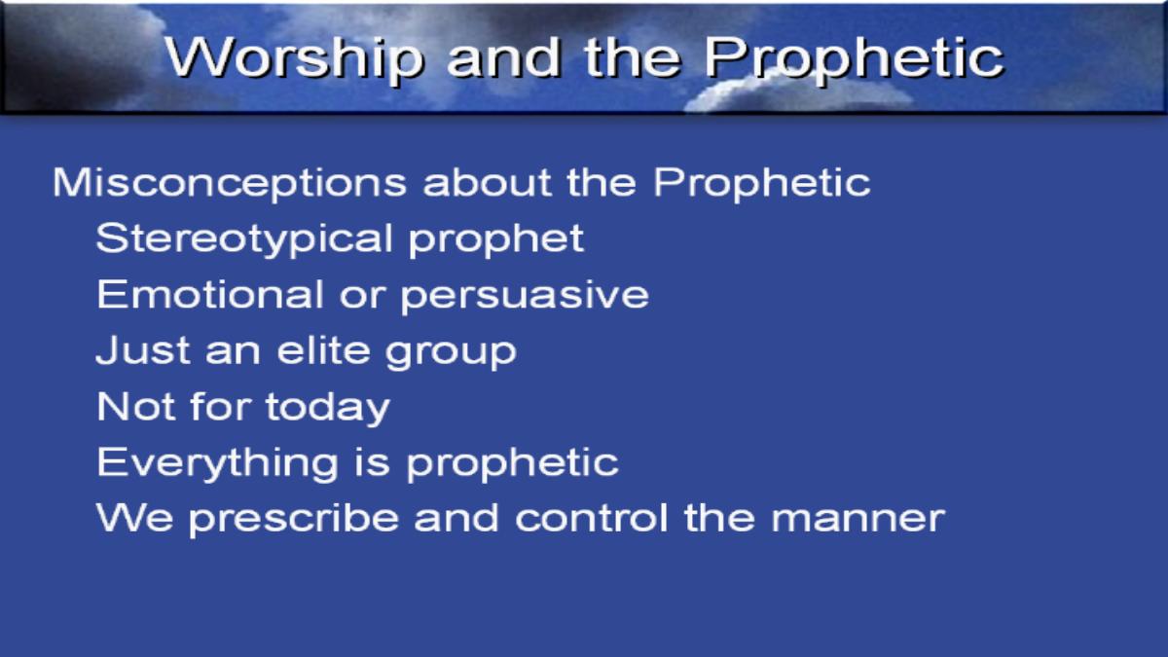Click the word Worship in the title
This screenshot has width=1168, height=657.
294,58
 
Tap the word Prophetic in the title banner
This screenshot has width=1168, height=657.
855,58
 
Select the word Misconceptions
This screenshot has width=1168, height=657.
230,184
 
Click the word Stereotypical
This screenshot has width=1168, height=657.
244,239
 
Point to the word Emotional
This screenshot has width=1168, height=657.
210,295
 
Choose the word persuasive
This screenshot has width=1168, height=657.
525,297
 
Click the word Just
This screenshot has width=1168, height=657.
143,350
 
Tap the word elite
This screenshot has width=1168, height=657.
323,350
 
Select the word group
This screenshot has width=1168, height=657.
451,353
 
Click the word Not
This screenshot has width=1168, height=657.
135,407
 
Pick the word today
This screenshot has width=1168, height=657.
328,409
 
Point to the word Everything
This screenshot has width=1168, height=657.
217,464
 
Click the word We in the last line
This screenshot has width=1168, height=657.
134,518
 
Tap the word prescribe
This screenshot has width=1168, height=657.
294,521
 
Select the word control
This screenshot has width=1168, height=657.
592,518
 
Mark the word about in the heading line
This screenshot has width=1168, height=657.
487,183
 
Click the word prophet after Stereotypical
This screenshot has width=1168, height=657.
495,240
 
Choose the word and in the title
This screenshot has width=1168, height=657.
504,58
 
